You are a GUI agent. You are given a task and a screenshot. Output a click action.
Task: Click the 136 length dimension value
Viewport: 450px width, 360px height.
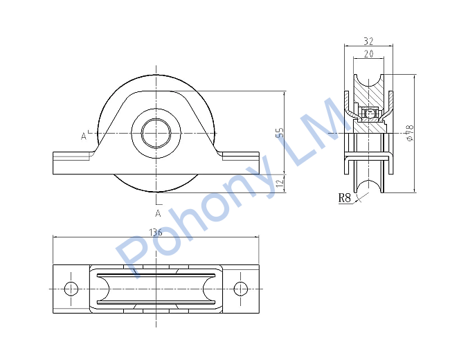tap(156, 232)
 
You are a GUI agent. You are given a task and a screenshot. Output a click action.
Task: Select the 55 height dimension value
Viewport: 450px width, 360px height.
tap(280, 133)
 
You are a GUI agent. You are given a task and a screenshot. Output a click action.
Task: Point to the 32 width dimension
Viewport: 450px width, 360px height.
tap(369, 42)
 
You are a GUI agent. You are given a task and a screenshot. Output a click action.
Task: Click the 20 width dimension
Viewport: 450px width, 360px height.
tap(369, 54)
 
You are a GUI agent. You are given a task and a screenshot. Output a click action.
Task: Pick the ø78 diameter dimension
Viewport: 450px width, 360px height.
tap(411, 132)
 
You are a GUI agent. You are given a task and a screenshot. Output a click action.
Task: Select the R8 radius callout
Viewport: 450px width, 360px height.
tap(344, 198)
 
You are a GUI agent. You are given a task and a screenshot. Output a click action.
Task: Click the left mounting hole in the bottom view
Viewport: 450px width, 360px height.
tap(71, 289)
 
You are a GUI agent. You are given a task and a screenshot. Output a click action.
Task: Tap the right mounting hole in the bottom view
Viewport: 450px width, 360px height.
tap(240, 289)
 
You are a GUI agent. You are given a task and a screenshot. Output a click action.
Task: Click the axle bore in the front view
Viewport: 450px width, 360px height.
tap(156, 133)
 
